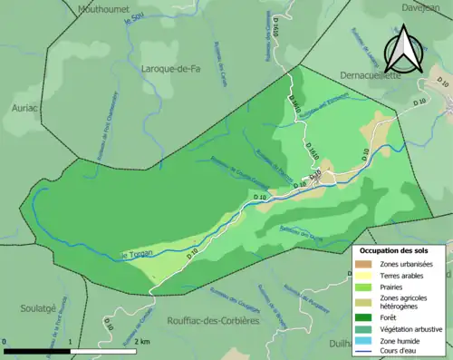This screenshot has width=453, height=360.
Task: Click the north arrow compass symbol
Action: point(402,50)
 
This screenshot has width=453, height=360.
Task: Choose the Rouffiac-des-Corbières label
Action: point(214,320)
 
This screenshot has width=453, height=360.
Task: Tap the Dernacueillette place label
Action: point(360,77)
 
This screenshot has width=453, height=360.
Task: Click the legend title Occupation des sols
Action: point(396,249)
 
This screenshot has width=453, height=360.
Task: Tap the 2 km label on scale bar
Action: point(143,342)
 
